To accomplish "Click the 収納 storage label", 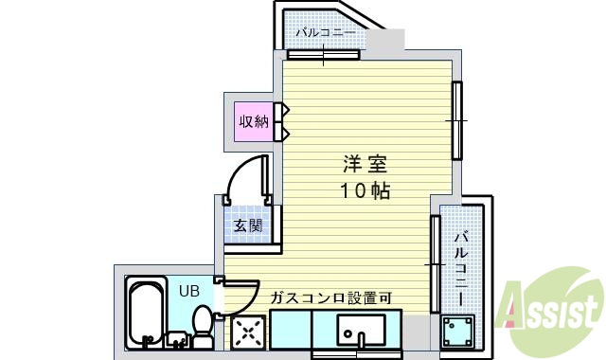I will point(253,121).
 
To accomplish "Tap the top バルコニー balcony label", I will point(325,32).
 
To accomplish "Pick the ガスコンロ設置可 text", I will point(331,298).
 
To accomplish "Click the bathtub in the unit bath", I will point(148,313).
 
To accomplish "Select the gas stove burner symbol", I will point(250,333).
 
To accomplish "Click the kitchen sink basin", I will point(361,333).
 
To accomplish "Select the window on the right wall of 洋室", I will point(455,121).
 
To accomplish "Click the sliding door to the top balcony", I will point(324,54).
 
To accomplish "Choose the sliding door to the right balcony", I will point(436,265).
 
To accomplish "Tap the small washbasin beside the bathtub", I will point(177,333).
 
